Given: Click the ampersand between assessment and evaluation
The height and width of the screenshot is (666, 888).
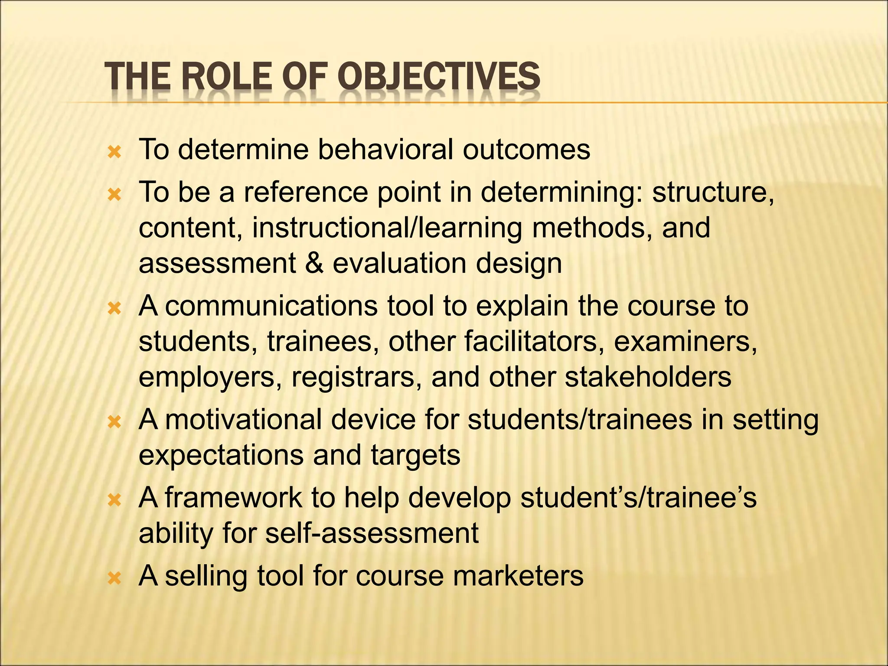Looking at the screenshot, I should (x=314, y=263).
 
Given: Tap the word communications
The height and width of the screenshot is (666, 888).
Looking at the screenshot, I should (x=271, y=306).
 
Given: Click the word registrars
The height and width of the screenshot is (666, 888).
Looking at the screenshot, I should (x=356, y=377).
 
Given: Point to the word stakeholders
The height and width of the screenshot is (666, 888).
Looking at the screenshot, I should (x=648, y=377).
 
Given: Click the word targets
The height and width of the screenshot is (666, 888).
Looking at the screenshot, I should (x=415, y=455).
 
